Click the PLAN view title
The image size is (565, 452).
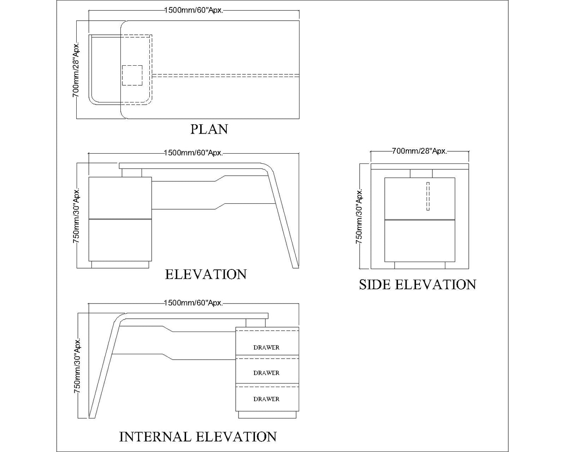tap(209, 129)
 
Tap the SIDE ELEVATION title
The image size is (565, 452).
tap(418, 284)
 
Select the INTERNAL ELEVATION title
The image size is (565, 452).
tap(198, 436)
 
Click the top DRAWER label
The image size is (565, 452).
tap(266, 347)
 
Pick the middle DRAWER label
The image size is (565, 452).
tap(266, 373)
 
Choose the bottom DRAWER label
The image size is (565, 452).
tap(266, 399)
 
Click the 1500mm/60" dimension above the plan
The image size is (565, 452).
tap(194, 11)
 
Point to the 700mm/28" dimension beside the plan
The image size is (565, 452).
tap(76, 70)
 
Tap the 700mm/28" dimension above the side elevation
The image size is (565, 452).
tap(420, 151)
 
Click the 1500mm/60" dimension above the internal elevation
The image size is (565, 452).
tap(193, 303)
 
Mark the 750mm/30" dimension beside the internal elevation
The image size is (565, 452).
tap(77, 366)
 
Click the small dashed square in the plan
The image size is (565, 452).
tap(132, 75)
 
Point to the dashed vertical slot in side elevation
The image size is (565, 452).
tap(428, 196)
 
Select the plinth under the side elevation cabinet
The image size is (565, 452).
tap(420, 265)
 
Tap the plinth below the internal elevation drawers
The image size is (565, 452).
tap(267, 414)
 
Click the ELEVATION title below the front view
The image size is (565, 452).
tap(206, 274)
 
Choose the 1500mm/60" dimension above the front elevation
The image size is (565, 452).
tap(193, 152)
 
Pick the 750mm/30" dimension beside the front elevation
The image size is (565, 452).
tap(76, 216)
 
